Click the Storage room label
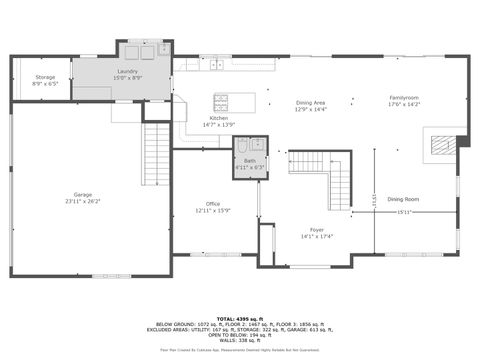(x=45, y=77)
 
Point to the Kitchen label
(x=219, y=118)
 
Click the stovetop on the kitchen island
(x=222, y=100)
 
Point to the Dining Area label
(x=310, y=103)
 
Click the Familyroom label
(x=405, y=97)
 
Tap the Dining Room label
(x=403, y=199)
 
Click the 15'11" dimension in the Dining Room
(x=404, y=212)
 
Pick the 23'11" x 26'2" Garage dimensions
(x=82, y=201)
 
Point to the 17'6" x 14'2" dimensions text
(x=405, y=104)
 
